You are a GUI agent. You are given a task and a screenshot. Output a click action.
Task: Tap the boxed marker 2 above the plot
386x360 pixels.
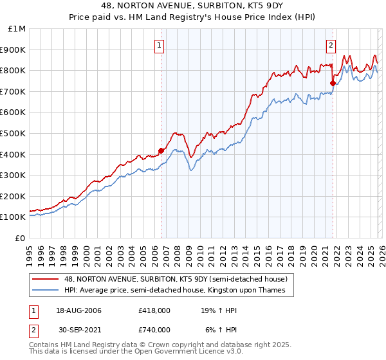331,45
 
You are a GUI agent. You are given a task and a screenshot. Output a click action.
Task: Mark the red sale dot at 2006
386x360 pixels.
161,150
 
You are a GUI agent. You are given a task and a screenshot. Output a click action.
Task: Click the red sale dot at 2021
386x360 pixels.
333,83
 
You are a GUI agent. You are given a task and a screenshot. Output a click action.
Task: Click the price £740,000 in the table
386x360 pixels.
154,330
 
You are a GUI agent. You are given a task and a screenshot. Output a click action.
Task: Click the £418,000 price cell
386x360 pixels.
154,311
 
